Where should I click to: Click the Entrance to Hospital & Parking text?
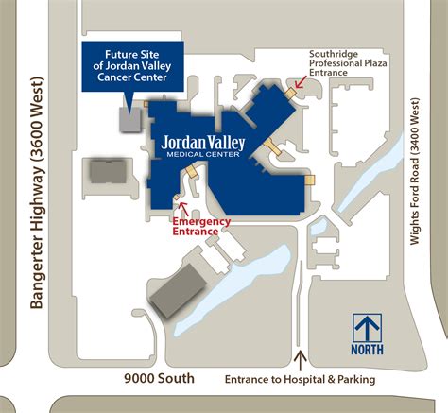click(301, 380)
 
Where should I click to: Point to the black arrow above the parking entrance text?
click(301, 360)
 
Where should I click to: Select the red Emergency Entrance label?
click(200, 227)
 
